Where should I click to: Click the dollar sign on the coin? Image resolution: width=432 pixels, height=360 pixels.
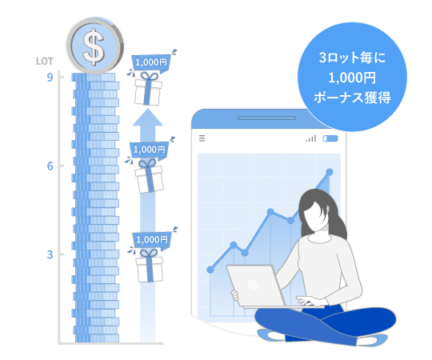[x=94, y=46]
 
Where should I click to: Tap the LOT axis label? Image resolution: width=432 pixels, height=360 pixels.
[x=45, y=61]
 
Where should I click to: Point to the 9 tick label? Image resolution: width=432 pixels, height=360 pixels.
[x=50, y=78]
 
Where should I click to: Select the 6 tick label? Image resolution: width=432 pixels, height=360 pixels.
[x=50, y=166]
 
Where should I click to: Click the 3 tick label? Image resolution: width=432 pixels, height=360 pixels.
[x=50, y=254]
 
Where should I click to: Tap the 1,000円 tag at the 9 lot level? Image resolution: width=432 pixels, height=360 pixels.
[x=151, y=62]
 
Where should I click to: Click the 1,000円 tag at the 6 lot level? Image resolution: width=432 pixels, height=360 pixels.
[x=149, y=150]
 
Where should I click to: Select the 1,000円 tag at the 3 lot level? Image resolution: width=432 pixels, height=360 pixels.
[x=152, y=240]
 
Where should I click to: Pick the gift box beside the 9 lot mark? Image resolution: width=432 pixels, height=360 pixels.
[x=148, y=89]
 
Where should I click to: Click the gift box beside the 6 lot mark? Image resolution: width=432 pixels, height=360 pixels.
[x=149, y=176]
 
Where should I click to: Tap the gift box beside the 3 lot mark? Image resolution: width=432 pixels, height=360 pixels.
[x=150, y=266]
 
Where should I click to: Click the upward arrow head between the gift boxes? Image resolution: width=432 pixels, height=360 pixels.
[x=148, y=117]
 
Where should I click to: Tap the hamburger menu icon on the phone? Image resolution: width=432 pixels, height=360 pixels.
[x=202, y=138]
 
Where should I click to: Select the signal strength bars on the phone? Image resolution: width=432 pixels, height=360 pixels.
[x=311, y=138]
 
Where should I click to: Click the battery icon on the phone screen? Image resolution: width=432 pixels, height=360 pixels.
[x=330, y=138]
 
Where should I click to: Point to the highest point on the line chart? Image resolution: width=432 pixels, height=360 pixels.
[x=330, y=172]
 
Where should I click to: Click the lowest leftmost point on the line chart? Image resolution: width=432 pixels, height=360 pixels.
[x=210, y=270]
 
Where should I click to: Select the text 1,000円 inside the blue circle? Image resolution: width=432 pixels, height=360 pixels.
[x=352, y=78]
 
